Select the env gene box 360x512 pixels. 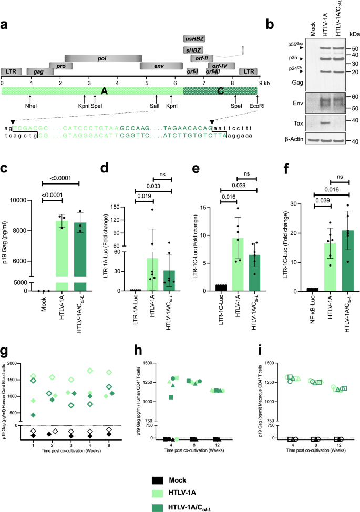tap(156, 66)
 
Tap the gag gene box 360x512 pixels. tap(38, 71)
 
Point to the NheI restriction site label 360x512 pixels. tap(30, 106)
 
